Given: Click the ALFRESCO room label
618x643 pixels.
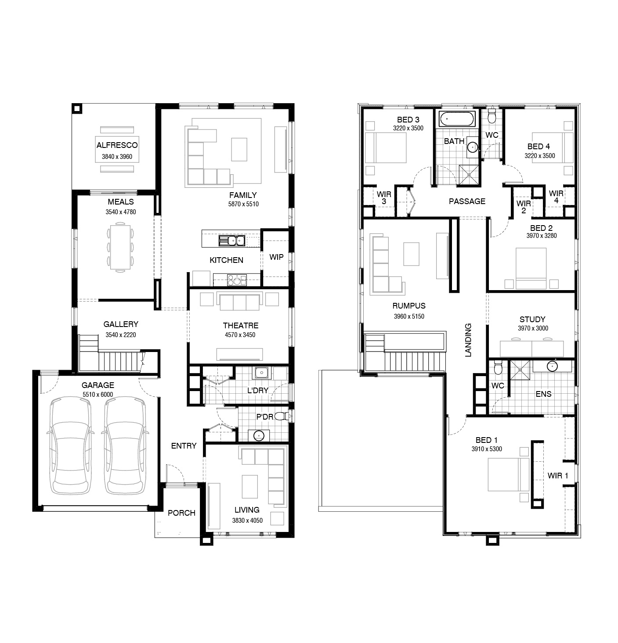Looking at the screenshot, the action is (117, 145).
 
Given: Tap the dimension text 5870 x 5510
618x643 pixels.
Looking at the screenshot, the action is (243, 204).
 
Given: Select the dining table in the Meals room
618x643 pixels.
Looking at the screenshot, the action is (120, 247).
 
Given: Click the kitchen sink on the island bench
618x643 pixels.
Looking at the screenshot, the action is (232, 241).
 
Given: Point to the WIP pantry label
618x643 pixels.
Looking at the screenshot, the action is (276, 257).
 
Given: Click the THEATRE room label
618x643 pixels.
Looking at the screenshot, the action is (240, 326).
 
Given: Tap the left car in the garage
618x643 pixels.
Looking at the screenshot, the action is (70, 445).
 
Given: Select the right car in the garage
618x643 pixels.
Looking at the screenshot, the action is (125, 445).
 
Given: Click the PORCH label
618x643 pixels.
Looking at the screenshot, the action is (181, 513).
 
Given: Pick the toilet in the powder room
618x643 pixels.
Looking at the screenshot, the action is (282, 416).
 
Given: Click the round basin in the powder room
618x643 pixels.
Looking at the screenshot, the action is (259, 436).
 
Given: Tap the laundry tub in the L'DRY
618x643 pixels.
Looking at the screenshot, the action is (261, 373).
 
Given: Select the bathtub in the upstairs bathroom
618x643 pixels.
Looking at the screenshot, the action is (457, 119).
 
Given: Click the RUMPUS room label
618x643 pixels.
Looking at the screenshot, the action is (409, 305).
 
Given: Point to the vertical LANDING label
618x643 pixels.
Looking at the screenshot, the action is (468, 340).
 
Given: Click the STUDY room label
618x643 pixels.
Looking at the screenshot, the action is (532, 319).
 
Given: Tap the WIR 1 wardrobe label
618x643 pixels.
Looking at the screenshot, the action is (558, 475).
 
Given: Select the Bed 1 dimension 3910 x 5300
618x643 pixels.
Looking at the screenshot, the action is (487, 449).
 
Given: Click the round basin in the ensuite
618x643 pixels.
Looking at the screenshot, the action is (552, 366).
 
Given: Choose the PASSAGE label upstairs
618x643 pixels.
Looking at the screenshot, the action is (467, 201).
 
